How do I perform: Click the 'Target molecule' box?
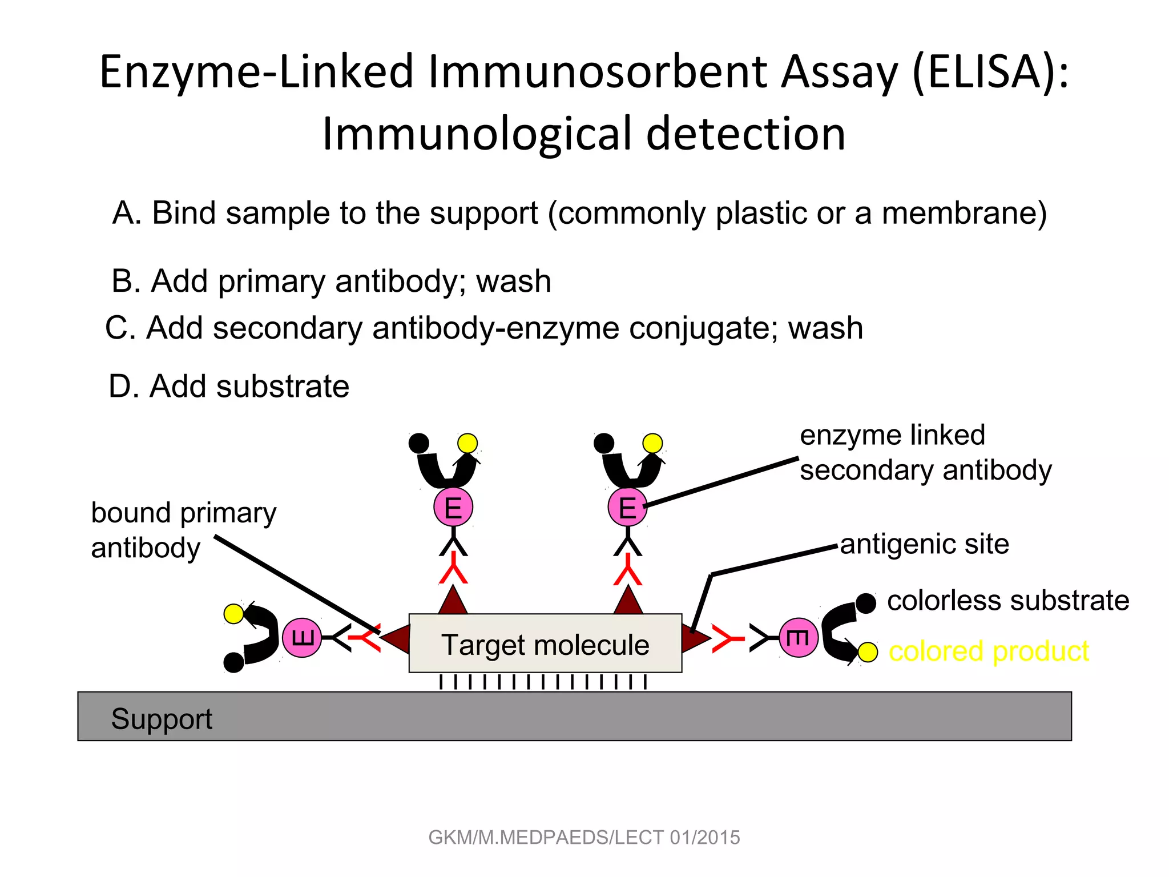tap(545, 643)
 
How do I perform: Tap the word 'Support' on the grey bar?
tap(162, 719)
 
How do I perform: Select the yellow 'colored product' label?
tap(989, 651)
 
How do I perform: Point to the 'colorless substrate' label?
tap(1008, 601)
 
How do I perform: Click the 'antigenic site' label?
tap(924, 544)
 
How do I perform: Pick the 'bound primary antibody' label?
tap(183, 530)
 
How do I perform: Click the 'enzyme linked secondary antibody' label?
tap(925, 453)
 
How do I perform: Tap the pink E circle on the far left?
tap(302, 637)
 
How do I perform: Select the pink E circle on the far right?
tap(799, 637)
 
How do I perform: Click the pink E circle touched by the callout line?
tap(627, 507)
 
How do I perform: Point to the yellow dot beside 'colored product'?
tap(868, 652)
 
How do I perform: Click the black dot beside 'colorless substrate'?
tap(866, 603)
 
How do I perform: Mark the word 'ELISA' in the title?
tap(984, 72)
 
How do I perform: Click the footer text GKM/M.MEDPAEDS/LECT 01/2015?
tap(584, 838)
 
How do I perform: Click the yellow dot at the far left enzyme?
tap(233, 614)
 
